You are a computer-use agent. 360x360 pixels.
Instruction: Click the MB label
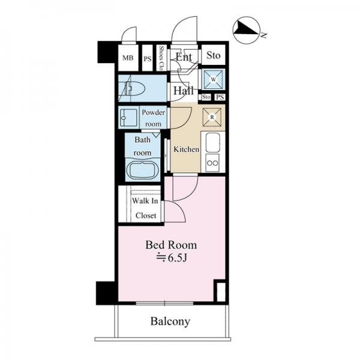pos(127,58)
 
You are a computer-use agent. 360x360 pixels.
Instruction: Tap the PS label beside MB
pos(147,59)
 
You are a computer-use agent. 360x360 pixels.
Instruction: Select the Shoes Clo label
pos(161,58)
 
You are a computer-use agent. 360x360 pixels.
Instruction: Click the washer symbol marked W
pos(212,78)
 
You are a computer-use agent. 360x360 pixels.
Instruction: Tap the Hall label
pos(183,91)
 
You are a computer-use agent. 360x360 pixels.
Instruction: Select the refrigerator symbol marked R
pos(212,116)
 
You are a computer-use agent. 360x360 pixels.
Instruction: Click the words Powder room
pos(152,118)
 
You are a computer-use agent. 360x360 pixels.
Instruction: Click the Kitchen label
pos(186,149)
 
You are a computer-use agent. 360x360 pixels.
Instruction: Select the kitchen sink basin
pos(213,143)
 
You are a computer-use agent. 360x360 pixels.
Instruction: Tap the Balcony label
pos(170,322)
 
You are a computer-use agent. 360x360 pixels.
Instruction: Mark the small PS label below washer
pos(220,97)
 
